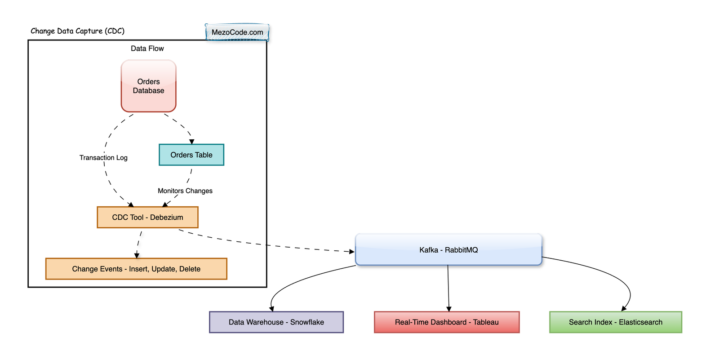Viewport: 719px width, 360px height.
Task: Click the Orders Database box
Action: click(149, 86)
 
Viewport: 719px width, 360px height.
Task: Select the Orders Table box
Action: click(191, 155)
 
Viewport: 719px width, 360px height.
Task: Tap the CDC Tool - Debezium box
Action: click(148, 218)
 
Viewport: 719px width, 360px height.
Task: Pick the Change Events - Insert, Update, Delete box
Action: click(137, 269)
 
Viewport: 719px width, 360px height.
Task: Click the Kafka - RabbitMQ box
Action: click(449, 250)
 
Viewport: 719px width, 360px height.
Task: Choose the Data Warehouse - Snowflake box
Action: click(276, 322)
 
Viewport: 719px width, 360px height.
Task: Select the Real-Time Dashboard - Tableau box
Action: click(447, 322)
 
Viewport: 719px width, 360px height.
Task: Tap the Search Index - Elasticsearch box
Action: click(616, 322)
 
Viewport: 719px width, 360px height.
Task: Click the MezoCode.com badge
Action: click(237, 32)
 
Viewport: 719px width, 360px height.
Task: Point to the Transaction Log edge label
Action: click(103, 158)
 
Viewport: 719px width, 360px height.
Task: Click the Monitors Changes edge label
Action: click(185, 191)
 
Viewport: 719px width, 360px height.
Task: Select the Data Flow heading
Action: click(147, 49)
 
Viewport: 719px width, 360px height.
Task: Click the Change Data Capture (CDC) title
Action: click(77, 31)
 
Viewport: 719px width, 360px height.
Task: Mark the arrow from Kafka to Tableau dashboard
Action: click(448, 288)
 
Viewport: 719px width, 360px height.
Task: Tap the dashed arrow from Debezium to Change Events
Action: click(139, 244)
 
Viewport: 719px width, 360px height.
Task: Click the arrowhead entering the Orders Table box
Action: click(191, 142)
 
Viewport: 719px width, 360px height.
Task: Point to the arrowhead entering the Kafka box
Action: click(352, 251)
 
